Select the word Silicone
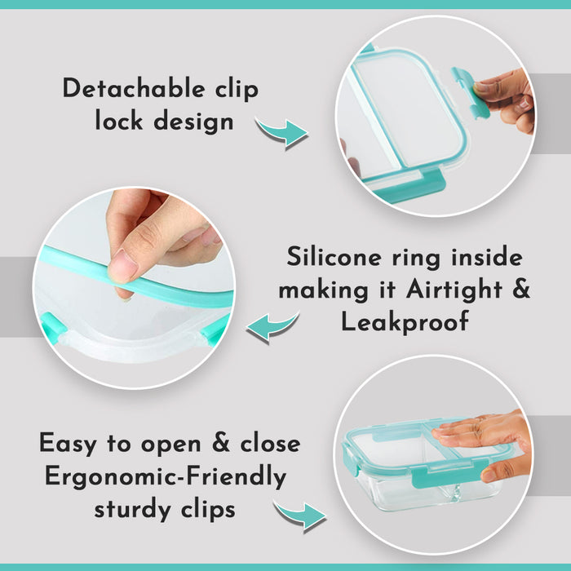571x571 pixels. [x=334, y=256]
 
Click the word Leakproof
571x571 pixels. [x=405, y=321]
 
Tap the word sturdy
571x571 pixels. [x=132, y=509]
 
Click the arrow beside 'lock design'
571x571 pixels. [x=282, y=133]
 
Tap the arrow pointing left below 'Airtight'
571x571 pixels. [x=272, y=327]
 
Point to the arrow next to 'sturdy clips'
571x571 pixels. [x=301, y=516]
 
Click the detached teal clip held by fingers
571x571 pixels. [x=470, y=93]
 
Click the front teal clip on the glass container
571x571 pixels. [x=449, y=472]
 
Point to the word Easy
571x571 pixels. [x=68, y=444]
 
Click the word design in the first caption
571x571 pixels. [x=193, y=122]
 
